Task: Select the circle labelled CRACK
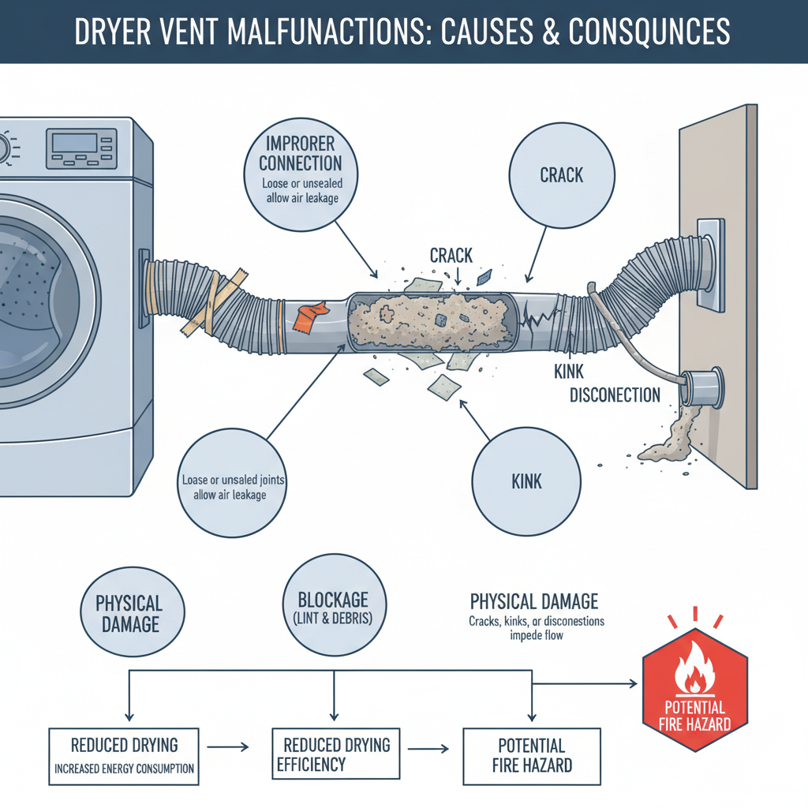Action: pos(561,174)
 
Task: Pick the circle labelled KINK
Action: pos(526,479)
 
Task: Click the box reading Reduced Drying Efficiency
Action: pos(333,754)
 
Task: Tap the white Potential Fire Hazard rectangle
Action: pos(531,755)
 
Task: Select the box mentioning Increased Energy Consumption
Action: pos(124,756)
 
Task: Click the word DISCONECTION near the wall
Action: pos(615,395)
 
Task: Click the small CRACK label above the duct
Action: pos(451,255)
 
